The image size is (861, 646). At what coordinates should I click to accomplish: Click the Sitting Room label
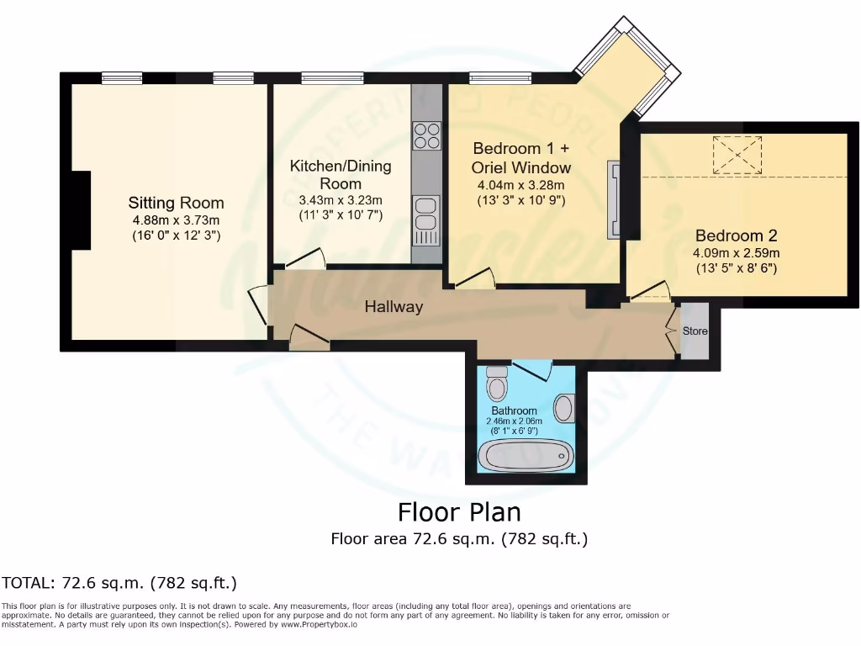click(176, 203)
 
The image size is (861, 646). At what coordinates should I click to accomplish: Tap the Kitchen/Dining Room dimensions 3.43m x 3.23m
click(341, 200)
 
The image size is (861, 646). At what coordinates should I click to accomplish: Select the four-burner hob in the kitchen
click(426, 135)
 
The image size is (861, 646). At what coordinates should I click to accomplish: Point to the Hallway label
click(394, 307)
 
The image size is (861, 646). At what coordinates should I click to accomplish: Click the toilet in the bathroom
click(498, 384)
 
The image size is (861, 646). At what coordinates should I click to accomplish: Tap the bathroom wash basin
click(564, 407)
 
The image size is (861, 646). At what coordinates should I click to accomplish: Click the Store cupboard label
click(695, 331)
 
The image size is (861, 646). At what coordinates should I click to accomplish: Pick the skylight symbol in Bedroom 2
click(737, 155)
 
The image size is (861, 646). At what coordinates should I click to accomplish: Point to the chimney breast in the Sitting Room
click(82, 210)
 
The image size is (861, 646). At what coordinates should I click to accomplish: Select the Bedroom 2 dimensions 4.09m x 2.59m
click(736, 253)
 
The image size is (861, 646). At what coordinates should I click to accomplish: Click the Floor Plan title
click(459, 512)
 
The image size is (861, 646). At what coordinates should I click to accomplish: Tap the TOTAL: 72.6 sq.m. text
click(119, 582)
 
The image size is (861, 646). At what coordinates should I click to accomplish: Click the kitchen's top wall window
click(327, 78)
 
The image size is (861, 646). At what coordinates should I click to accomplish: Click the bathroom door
click(531, 368)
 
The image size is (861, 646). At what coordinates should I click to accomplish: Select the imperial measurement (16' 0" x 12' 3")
click(176, 236)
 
